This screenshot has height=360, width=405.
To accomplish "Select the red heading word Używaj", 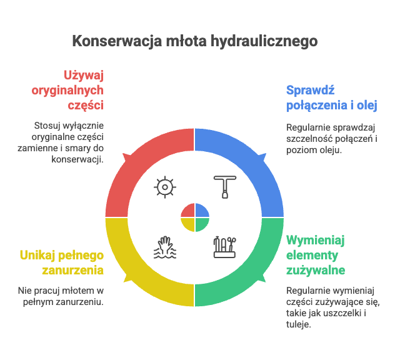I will coord(83,76).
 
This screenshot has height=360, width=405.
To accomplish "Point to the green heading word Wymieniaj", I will coord(316,241).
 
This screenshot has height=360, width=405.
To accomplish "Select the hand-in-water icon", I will coord(165,247).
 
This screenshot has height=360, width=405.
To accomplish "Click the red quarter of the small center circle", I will coord(187,210).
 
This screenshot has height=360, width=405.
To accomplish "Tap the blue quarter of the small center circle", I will coord(202,210).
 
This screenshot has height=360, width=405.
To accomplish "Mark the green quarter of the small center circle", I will coord(202,224).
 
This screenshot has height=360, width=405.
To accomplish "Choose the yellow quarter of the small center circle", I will coord(187,224).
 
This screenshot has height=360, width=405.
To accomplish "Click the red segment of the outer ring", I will coord(134,162).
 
